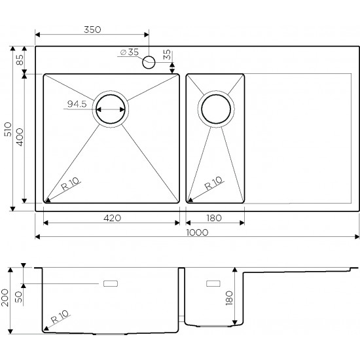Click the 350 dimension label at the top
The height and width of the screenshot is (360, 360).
pos(92,29)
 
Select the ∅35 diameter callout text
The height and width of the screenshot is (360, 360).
pos(130,52)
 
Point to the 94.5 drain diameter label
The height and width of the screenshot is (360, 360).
pos(77,104)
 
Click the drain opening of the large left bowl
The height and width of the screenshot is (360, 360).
pos(111,109)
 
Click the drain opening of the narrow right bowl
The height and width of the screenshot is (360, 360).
pos(216,109)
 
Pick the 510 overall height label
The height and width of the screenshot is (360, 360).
pos(8,129)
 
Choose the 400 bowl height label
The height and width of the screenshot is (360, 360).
pos(20,137)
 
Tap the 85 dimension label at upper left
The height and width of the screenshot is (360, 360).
pos(20,60)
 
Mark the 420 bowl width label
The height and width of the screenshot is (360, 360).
pos(112,218)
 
